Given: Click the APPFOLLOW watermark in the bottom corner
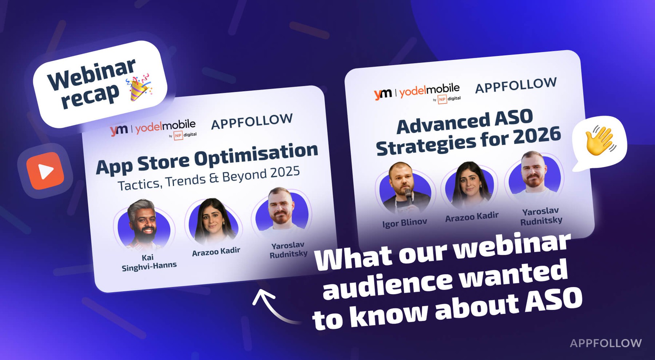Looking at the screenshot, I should pos(606,343).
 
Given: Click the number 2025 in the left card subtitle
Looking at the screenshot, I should pos(285,172).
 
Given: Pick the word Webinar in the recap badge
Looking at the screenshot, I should pos(91,74).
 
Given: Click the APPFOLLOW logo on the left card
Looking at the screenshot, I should pos(252,121).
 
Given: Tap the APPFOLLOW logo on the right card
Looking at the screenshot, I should pos(516,85).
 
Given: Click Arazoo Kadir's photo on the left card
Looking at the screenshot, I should pos(213,222).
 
